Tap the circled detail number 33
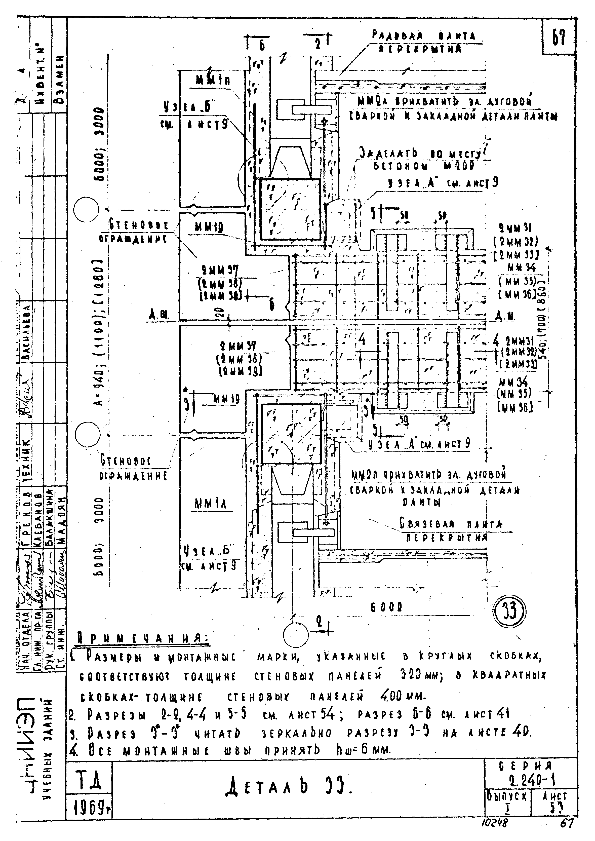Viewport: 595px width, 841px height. tap(510, 611)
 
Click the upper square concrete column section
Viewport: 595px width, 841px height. tap(289, 209)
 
